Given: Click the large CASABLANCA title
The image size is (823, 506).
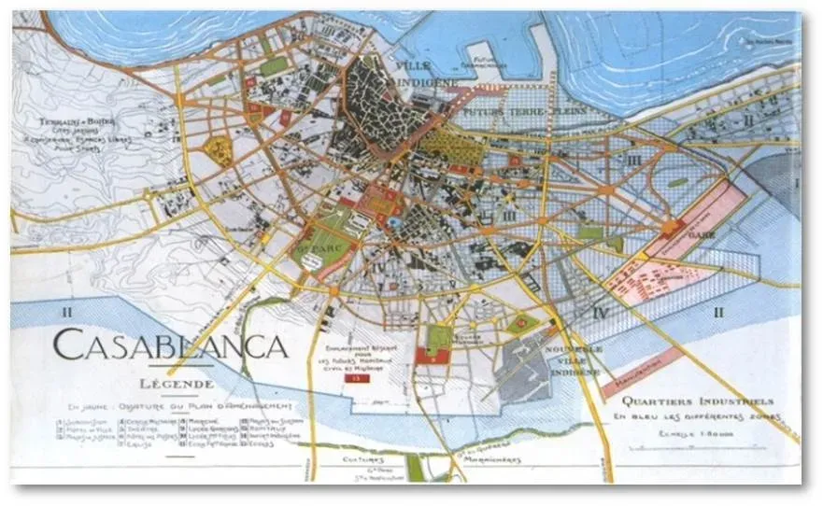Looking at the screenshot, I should [x=169, y=347].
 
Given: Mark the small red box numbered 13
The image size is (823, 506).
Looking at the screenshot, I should [x=352, y=379].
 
